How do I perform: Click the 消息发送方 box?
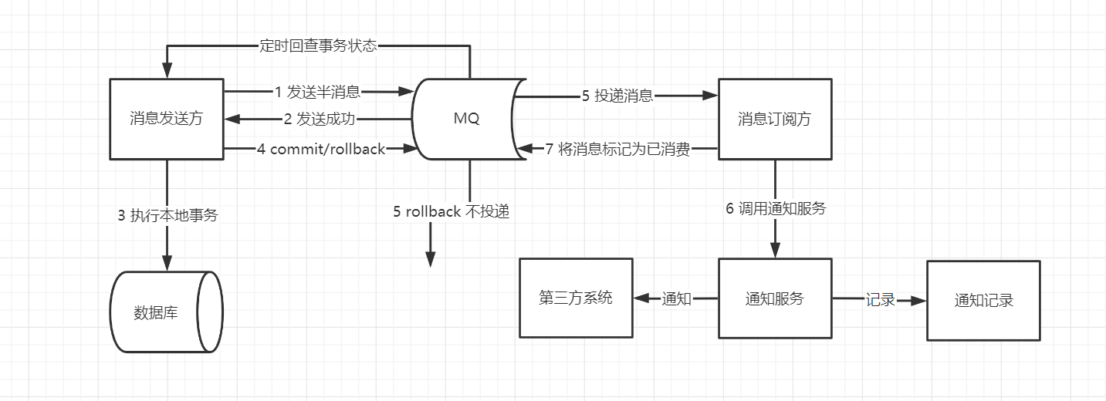pos(167,120)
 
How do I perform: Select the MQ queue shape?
pos(467,120)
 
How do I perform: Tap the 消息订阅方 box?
pos(774,120)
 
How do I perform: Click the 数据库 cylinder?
pos(165,312)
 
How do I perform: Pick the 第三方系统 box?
pos(575,298)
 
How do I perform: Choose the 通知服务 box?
pos(774,298)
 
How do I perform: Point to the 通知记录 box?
pos(983,300)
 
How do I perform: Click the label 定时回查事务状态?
pos(318,45)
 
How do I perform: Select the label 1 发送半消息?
pos(317,93)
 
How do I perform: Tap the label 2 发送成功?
pos(320,120)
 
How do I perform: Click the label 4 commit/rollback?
pos(321,149)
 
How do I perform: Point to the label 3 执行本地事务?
pos(167,215)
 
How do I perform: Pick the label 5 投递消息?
pos(617,96)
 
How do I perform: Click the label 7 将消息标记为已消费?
pos(617,149)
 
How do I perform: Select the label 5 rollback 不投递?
pos(452,211)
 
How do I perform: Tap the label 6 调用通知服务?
pos(776,208)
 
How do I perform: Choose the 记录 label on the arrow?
pos(880,300)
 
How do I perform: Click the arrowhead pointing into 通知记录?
pos(918,300)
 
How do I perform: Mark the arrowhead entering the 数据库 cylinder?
pos(167,262)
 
